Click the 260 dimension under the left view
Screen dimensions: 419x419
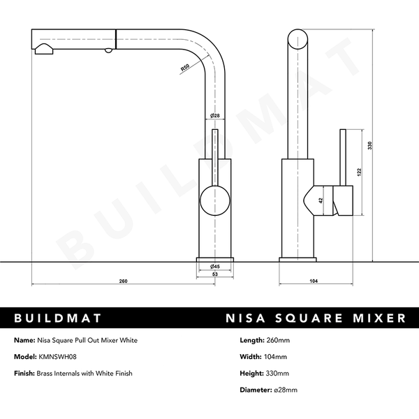[x=123, y=281]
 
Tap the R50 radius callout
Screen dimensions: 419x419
[x=185, y=68]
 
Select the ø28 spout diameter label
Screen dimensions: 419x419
[x=215, y=115]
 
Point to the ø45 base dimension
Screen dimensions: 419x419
[x=215, y=267]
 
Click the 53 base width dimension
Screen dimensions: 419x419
[x=215, y=274]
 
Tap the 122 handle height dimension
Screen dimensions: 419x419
[x=359, y=172]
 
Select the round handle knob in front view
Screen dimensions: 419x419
[x=214, y=201]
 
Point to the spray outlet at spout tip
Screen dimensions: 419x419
[x=43, y=48]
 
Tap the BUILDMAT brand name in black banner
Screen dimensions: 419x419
[x=58, y=318]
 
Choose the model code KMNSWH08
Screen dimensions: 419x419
[x=57, y=357]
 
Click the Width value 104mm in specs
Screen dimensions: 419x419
[x=278, y=357]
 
